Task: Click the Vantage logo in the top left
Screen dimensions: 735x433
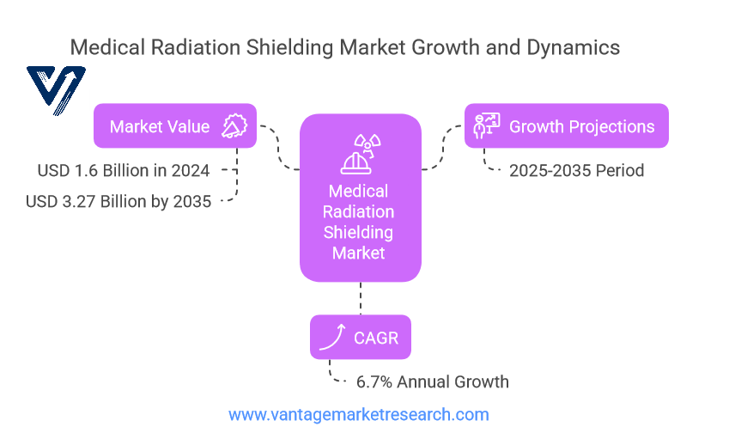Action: (x=56, y=90)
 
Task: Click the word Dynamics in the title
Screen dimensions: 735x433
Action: (x=573, y=48)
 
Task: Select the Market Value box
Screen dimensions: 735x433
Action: (x=175, y=125)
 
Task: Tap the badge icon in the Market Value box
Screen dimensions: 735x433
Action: (x=234, y=125)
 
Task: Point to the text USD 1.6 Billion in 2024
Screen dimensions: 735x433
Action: (x=124, y=170)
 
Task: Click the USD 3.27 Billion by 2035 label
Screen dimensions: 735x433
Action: (x=118, y=201)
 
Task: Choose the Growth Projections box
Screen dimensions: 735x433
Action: (x=566, y=125)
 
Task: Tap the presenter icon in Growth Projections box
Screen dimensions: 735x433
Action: (x=487, y=125)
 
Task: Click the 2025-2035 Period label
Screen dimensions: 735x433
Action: (x=576, y=170)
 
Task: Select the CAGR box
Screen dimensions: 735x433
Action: (x=361, y=338)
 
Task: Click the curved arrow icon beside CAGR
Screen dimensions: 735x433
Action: (x=332, y=338)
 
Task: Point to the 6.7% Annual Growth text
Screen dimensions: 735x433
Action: (x=432, y=381)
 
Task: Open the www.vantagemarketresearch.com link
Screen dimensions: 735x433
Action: (x=359, y=415)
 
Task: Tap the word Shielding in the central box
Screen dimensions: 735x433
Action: (x=358, y=233)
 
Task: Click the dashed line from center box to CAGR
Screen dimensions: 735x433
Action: (x=361, y=298)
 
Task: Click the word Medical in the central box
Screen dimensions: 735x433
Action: (x=358, y=191)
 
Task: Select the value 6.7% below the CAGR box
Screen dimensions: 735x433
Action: (x=374, y=381)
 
